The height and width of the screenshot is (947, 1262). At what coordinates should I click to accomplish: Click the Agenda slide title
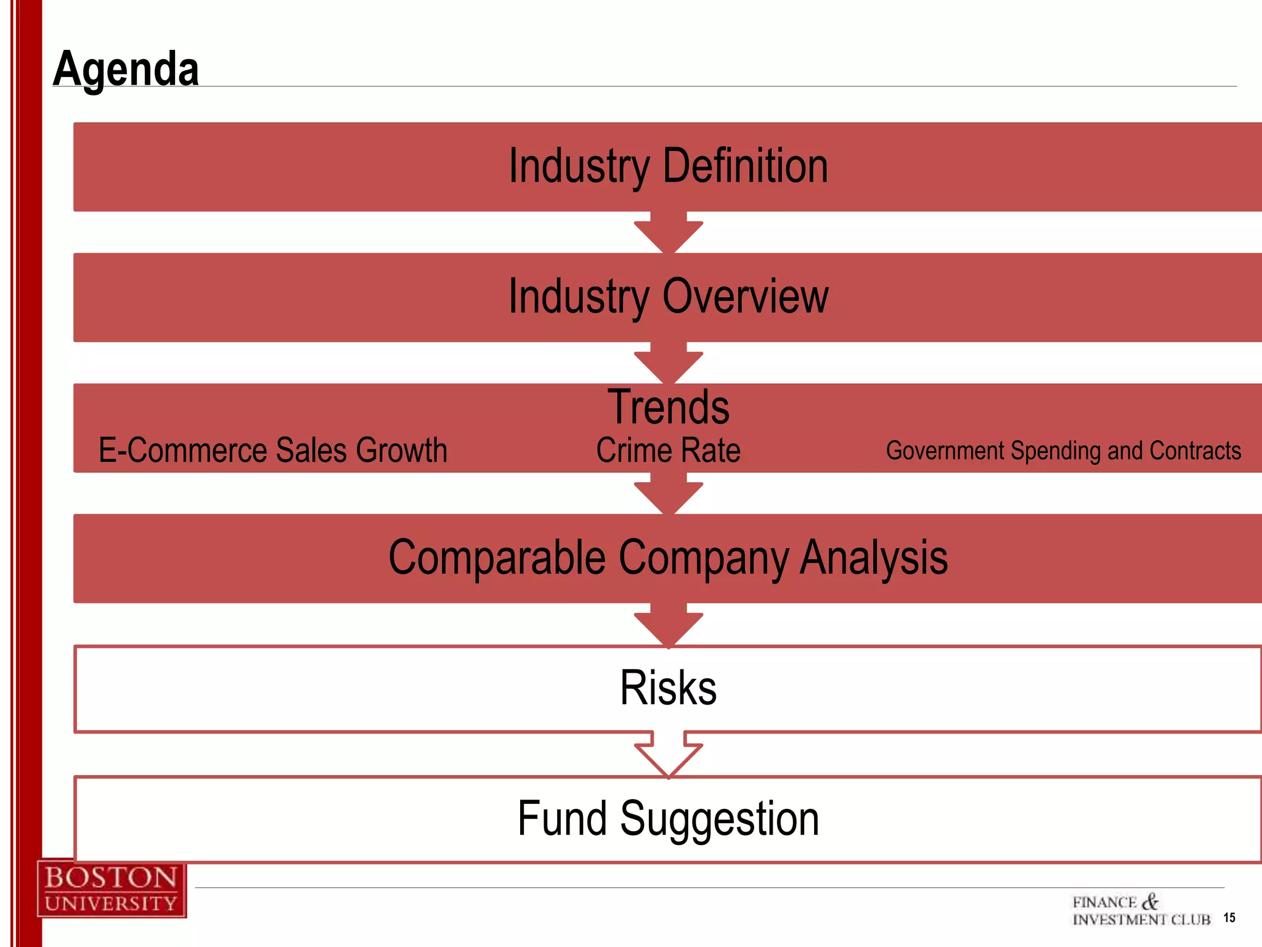click(126, 68)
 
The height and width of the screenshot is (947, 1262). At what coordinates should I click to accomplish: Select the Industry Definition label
click(668, 166)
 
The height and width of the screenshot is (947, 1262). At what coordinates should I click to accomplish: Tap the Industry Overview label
click(668, 297)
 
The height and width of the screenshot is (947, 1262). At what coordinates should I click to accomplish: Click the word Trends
click(668, 407)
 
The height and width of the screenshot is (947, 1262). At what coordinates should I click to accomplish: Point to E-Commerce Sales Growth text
click(272, 450)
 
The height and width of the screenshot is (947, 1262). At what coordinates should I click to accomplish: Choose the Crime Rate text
click(668, 450)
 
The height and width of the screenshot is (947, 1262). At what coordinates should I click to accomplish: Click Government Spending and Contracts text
click(1063, 451)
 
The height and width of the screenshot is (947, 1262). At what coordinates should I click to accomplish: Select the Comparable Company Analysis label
click(668, 557)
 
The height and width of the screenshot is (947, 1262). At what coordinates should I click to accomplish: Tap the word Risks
click(668, 688)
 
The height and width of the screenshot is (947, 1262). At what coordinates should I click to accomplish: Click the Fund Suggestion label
click(668, 819)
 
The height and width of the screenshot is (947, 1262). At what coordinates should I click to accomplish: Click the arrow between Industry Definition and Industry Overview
click(669, 232)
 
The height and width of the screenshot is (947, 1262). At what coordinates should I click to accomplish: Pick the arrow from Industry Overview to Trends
click(669, 363)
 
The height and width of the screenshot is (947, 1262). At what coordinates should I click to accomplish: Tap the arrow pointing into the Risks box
click(669, 625)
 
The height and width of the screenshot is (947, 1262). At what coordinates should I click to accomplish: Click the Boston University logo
click(112, 889)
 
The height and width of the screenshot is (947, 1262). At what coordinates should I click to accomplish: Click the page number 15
click(1229, 918)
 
